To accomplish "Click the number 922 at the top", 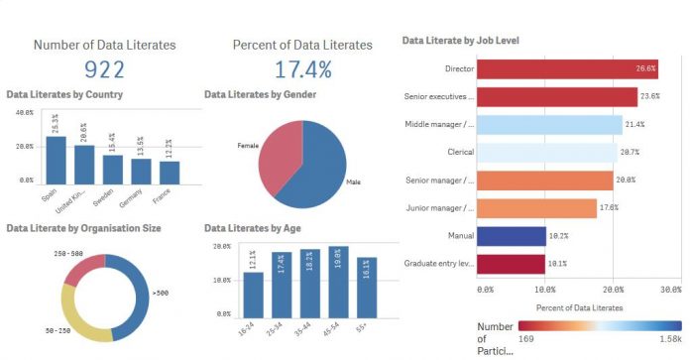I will [103, 69].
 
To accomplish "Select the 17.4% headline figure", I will [301, 69].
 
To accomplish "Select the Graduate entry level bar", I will [512, 264].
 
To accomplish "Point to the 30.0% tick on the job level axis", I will [670, 290].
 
